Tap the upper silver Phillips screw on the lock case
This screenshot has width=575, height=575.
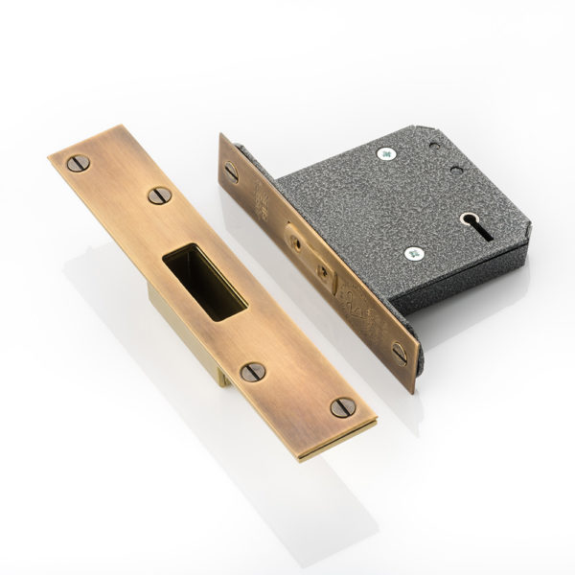[385, 153]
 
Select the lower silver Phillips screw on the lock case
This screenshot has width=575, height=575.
[414, 254]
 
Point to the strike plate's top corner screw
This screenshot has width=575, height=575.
[79, 163]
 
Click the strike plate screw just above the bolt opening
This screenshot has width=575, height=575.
[159, 195]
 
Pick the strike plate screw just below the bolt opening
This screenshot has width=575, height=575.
[252, 372]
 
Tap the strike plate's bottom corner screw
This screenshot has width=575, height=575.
[342, 406]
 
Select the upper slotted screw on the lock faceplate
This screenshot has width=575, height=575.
[231, 172]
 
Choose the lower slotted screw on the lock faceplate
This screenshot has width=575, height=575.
[399, 353]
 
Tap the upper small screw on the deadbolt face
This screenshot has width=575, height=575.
[296, 243]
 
